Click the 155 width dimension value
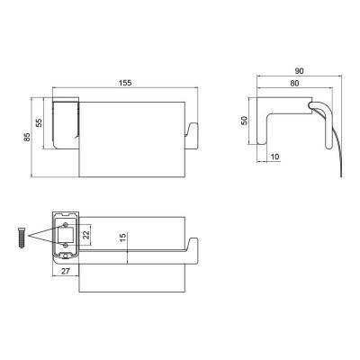tap(125, 83)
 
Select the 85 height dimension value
tap(27, 137)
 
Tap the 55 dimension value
tap(39, 122)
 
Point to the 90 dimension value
tap(299, 71)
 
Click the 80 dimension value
tap(294, 83)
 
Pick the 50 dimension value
tap(245, 121)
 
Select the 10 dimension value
tap(274, 157)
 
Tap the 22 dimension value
tap(86, 235)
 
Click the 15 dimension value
tap(123, 238)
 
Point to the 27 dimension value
tap(66, 271)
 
